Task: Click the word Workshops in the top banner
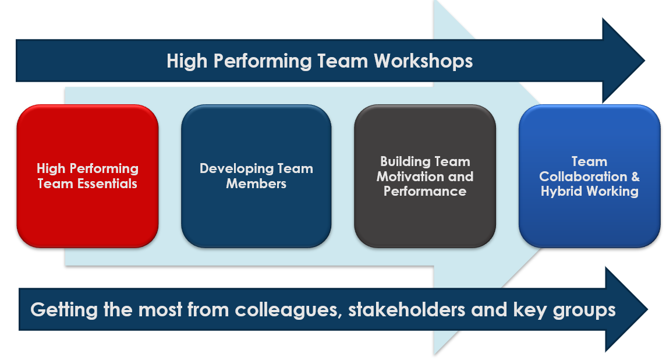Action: tap(423, 61)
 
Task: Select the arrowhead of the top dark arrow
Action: tap(624, 61)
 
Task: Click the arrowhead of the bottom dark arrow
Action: tap(626, 309)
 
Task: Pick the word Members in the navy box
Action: tap(256, 183)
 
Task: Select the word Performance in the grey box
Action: tap(425, 191)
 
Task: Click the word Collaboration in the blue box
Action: tap(583, 177)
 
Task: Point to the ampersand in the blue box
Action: tap(635, 177)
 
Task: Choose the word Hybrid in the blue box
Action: tap(561, 192)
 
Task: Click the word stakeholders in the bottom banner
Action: tap(406, 309)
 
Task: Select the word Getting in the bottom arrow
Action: tap(64, 310)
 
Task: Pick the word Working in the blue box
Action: tap(612, 192)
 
